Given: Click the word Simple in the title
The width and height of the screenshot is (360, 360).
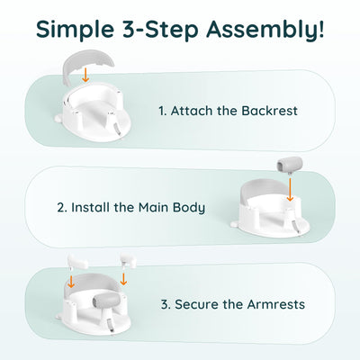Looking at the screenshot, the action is click(75, 30).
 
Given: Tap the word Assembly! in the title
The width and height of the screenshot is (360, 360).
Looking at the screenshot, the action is click(265, 30).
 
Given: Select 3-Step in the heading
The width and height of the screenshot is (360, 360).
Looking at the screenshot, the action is click(160, 29).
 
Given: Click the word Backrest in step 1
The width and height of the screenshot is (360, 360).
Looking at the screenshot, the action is click(269, 111).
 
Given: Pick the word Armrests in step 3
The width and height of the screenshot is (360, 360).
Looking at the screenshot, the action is click(276, 304).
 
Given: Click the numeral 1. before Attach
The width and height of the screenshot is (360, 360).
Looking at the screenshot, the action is click(162, 111).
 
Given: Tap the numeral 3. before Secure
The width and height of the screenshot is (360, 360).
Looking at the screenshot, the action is click(166, 304).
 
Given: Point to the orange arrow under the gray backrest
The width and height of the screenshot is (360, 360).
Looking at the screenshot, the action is click(85, 75).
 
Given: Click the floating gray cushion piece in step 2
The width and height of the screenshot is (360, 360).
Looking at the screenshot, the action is click(290, 165).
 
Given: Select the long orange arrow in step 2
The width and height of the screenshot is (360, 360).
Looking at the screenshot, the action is click(290, 189).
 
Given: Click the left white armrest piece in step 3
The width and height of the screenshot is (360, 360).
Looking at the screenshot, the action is click(77, 261).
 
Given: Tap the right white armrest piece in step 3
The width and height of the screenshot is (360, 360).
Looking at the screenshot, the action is click(128, 260).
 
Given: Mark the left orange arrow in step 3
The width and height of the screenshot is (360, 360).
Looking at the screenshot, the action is click(71, 281).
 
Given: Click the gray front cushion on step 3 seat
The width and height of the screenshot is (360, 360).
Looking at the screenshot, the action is click(107, 300).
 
